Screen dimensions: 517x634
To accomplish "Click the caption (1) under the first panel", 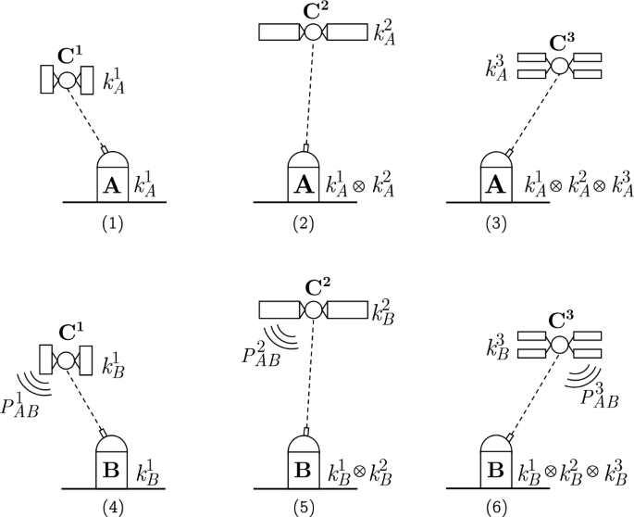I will point(113,222).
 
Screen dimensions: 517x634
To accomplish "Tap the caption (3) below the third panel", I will point(496,222).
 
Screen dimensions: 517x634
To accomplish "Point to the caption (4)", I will point(113,506).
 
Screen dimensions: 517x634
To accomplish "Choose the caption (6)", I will point(496,506).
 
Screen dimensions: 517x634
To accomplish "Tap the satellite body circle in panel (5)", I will point(314,310).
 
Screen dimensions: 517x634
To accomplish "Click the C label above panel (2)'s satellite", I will point(313,8).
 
